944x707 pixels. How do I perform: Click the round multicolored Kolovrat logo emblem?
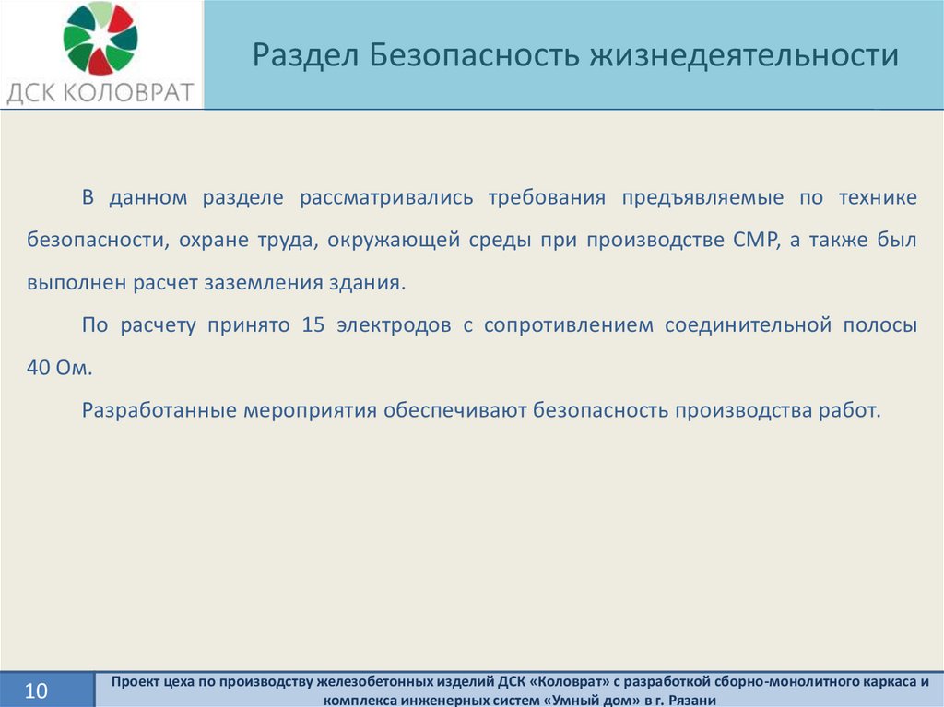(100, 38)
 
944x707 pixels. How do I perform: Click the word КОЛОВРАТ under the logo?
(127, 93)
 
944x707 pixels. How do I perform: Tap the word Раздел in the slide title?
(306, 54)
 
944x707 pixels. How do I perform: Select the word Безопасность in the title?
(475, 54)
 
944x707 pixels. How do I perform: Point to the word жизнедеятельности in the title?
(744, 54)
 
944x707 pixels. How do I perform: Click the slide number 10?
(36, 690)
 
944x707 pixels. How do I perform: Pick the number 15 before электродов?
(313, 325)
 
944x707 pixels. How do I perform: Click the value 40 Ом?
(60, 368)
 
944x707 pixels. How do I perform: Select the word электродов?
(394, 325)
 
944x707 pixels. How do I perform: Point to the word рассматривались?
(386, 198)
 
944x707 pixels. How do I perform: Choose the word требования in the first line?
(547, 197)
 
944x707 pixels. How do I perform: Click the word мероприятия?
(310, 411)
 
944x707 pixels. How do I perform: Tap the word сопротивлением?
(568, 325)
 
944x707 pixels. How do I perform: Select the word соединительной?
(749, 325)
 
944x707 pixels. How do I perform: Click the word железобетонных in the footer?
(367, 682)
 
